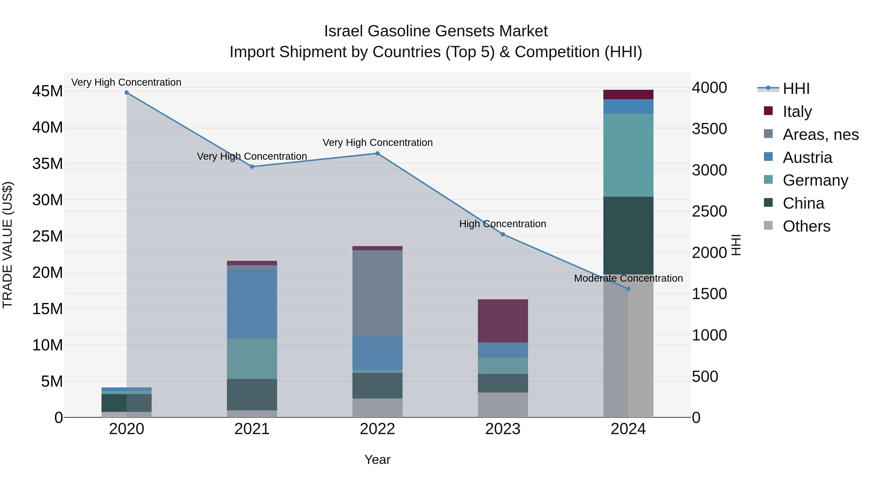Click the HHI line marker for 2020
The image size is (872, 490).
127,93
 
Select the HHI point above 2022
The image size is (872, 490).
377,153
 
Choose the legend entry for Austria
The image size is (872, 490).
807,158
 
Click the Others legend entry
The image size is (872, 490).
806,226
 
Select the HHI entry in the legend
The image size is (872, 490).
796,89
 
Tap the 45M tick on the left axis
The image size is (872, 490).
47,91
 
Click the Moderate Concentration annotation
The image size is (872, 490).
628,278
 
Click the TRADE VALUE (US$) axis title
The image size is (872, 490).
8,245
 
